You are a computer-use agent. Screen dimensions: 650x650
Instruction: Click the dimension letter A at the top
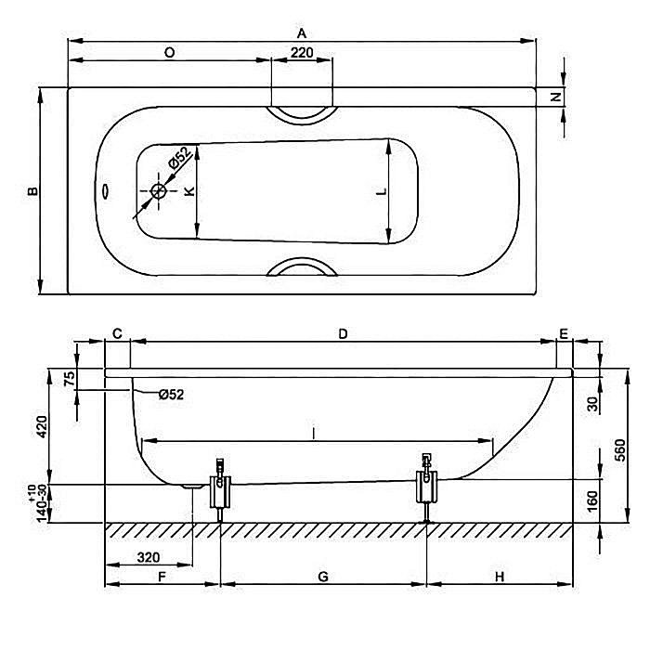302,32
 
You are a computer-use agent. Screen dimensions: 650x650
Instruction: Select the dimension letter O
169,53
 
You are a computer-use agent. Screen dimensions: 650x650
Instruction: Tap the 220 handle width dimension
301,53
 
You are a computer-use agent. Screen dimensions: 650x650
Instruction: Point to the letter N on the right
553,97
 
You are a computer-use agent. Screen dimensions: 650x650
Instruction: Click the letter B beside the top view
32,191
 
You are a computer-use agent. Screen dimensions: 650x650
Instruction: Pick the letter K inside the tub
188,191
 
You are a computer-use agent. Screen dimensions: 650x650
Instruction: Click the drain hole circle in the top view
159,192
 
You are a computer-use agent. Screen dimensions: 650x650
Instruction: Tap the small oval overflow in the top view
106,193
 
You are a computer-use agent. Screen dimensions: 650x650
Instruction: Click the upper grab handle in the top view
301,113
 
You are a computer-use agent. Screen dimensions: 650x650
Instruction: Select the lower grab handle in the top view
301,268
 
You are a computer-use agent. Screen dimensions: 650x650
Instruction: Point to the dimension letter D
343,333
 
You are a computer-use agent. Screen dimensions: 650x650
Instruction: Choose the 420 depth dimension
40,426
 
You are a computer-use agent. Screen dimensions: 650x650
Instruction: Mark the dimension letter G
322,577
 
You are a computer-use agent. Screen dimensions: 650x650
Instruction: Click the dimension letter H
499,577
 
